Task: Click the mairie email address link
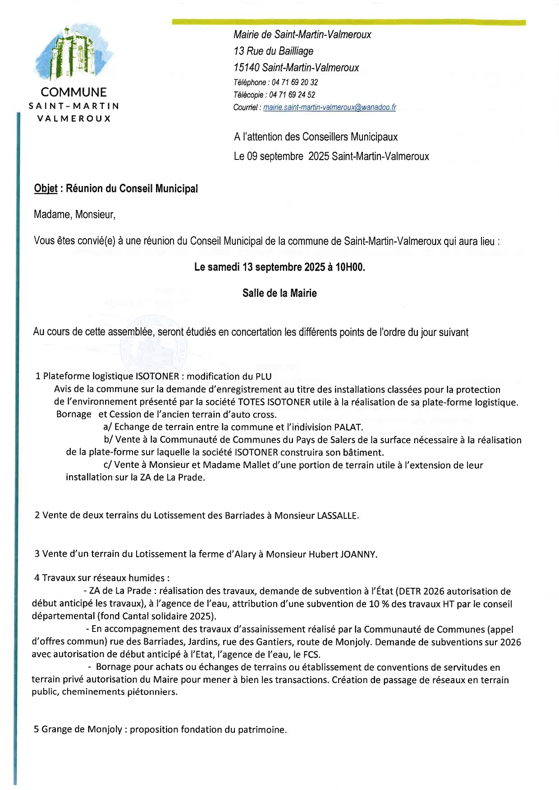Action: click(329, 107)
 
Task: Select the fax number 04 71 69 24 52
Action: click(292, 95)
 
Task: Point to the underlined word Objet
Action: click(46, 189)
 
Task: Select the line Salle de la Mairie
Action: click(279, 293)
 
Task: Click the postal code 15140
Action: click(246, 68)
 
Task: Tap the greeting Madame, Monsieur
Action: click(74, 214)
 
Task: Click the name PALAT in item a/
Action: click(348, 427)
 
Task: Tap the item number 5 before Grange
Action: click(37, 729)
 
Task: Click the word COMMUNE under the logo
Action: click(74, 92)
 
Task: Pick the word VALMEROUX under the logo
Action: click(74, 118)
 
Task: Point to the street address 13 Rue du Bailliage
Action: click(273, 51)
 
